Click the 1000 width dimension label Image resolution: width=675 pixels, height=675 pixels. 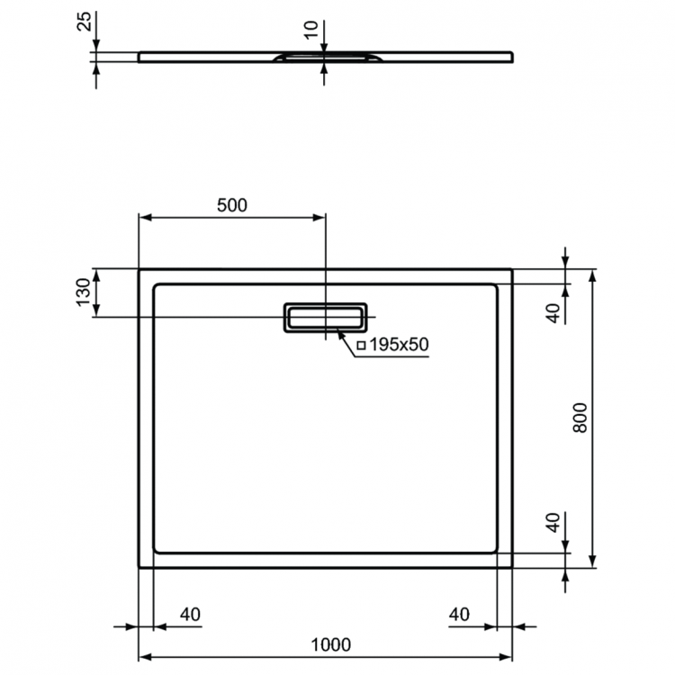click(330, 644)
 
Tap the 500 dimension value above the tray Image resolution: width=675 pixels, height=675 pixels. click(231, 205)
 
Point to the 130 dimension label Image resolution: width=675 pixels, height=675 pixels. click(83, 293)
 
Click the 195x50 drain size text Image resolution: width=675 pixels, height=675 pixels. click(395, 345)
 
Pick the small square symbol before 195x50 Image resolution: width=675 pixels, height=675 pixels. click(361, 345)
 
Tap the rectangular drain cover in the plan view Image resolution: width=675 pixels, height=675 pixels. click(325, 317)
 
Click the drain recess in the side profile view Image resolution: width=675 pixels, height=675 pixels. click(324, 58)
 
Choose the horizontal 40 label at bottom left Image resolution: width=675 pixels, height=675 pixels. click(190, 615)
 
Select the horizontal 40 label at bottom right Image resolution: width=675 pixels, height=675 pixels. click(459, 615)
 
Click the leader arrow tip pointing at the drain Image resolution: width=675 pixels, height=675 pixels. click(338, 333)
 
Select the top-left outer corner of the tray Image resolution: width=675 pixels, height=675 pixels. click(139, 269)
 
